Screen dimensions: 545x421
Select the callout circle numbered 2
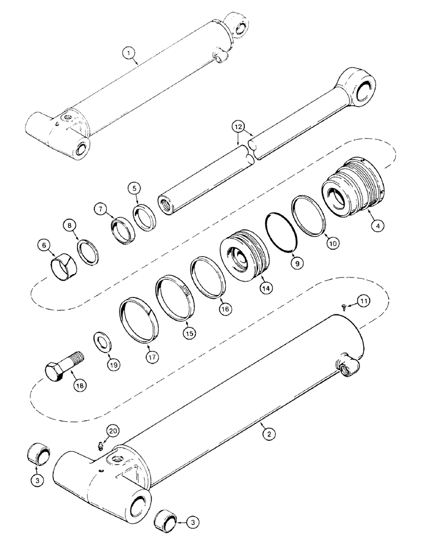(x=268, y=434)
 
